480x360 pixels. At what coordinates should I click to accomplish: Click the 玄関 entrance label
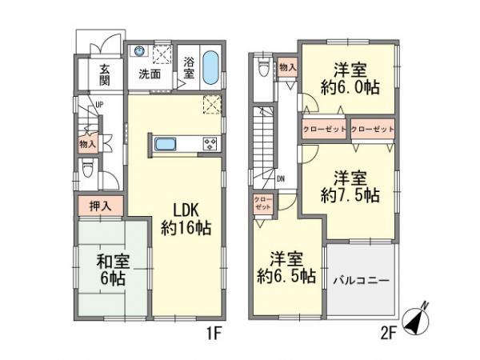tap(105, 74)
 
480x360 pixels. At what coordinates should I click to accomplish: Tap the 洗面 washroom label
tap(150, 74)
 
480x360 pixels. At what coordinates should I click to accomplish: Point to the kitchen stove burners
tap(210, 144)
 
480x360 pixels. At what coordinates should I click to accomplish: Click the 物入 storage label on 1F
tap(88, 144)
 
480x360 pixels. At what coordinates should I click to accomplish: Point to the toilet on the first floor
tap(88, 170)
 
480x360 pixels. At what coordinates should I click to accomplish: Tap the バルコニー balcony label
tap(361, 282)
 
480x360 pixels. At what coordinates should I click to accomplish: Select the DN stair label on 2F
tap(280, 179)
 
